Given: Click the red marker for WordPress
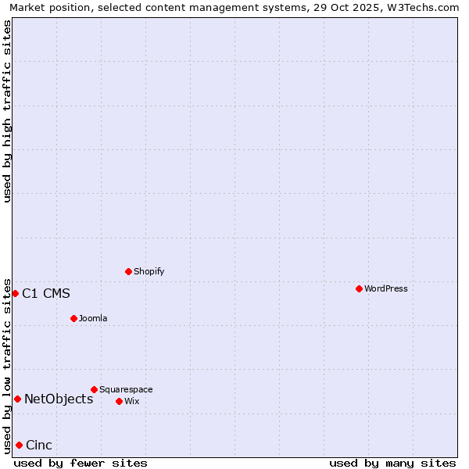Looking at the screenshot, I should click(359, 288).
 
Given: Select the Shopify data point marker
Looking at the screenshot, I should click(128, 271).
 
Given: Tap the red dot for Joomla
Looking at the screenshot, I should click(73, 318).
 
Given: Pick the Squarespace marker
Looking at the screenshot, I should click(94, 389).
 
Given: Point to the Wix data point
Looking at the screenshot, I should click(119, 401).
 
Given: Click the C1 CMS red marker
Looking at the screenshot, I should click(15, 293).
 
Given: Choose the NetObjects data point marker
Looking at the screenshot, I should click(17, 399).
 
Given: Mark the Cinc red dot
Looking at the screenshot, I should click(19, 445).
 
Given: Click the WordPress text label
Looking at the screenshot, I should click(386, 288).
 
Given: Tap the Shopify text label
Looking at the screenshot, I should click(149, 271).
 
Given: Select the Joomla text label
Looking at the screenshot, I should click(93, 318).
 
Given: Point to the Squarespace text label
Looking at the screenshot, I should click(126, 389).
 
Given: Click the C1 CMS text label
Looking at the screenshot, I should click(46, 294).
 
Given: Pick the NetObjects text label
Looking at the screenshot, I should click(59, 399).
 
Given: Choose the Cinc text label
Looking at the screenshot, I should click(39, 446).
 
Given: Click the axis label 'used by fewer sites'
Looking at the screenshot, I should click(81, 463).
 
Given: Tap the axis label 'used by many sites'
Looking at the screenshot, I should click(392, 463).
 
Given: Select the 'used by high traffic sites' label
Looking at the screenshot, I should click(7, 111).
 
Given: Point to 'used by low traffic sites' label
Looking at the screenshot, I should click(7, 366).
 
